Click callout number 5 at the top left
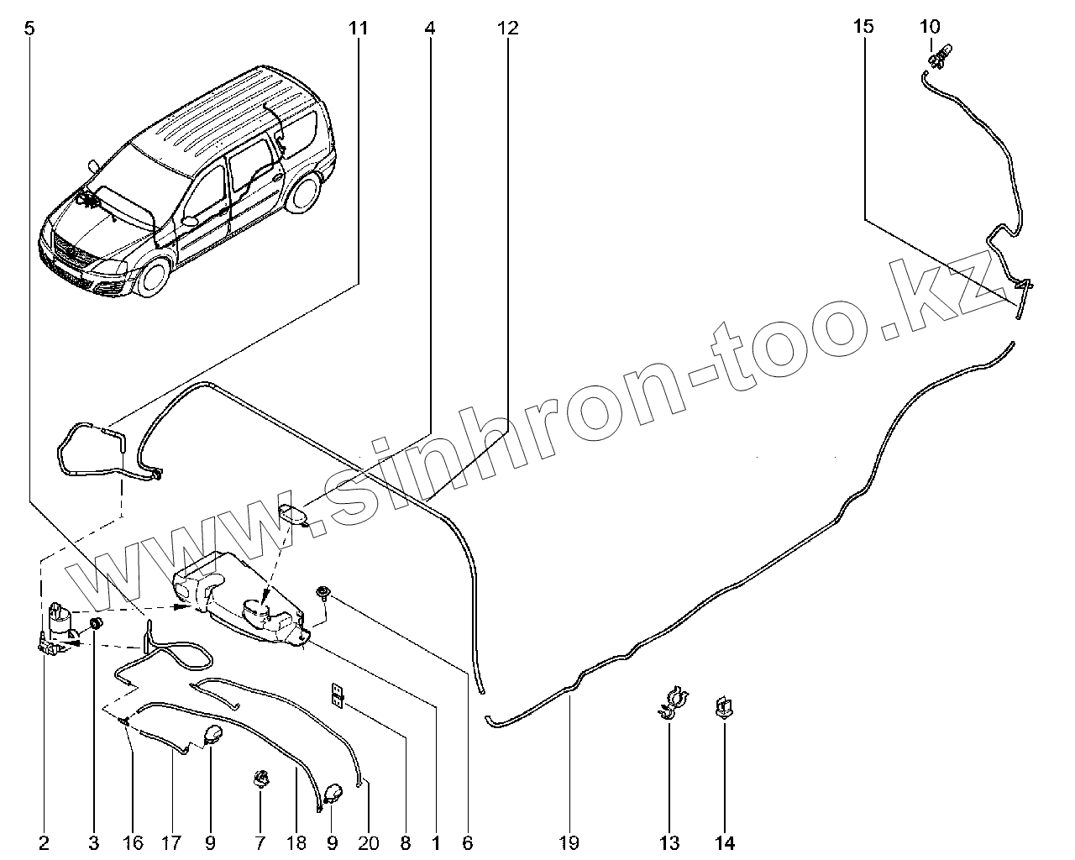point(29,29)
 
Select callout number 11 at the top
point(359,29)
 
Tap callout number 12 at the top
point(507,29)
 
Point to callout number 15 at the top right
point(863,27)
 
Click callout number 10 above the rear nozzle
point(930,27)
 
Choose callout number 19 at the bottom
point(569,842)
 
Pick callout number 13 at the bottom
point(669,842)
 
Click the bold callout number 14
point(725,842)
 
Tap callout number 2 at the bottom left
point(44,842)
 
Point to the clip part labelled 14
point(722,707)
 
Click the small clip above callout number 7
point(260,779)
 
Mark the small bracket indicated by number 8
point(338,694)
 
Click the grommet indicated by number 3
point(96,623)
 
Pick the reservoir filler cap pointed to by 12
point(293,513)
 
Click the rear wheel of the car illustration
point(304,193)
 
